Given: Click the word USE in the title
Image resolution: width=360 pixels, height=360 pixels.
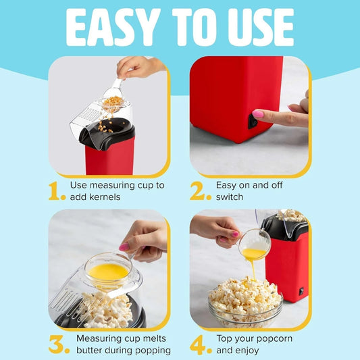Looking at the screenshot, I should [258, 28].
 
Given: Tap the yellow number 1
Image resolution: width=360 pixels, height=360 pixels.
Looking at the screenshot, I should [57, 191].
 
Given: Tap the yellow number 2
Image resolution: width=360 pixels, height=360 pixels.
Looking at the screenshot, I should [201, 191].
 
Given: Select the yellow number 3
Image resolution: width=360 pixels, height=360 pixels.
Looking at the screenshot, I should [59, 344].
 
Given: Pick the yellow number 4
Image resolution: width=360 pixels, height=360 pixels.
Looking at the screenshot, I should [201, 344].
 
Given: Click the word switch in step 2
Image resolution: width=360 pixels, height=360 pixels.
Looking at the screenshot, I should [230, 197].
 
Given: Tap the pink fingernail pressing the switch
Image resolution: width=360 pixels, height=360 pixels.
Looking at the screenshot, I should [259, 114].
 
